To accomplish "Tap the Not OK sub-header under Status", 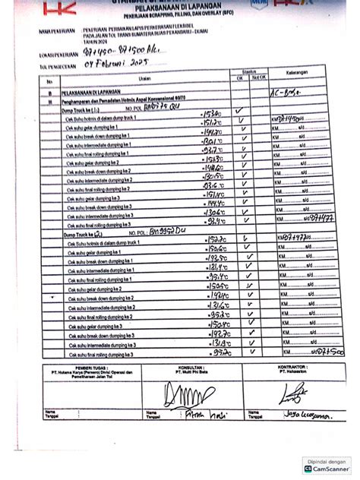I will (x=259, y=77).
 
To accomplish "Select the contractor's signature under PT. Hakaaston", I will (x=292, y=393).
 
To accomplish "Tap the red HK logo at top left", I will (x=58, y=8).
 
